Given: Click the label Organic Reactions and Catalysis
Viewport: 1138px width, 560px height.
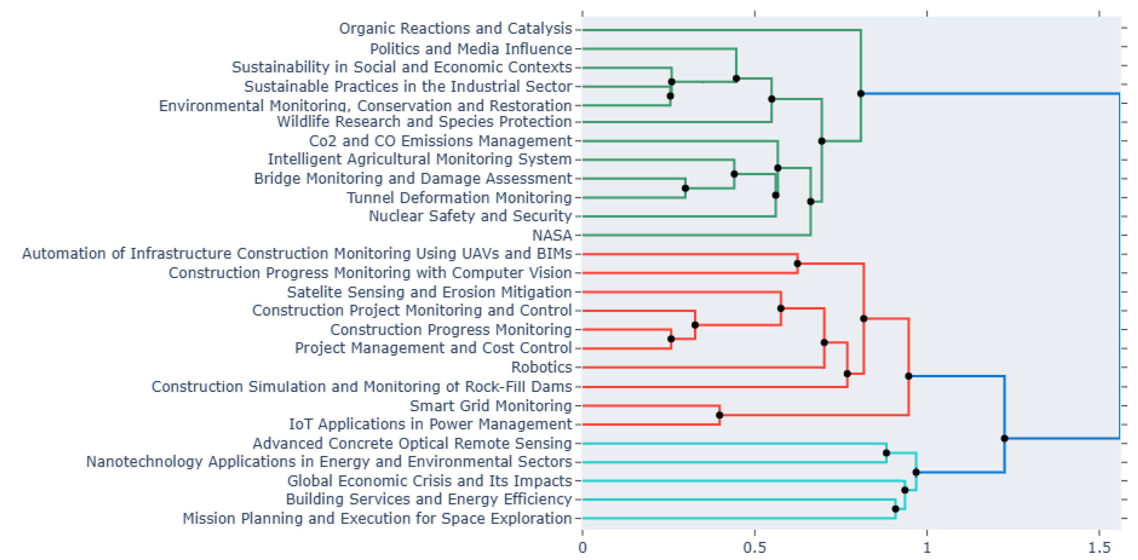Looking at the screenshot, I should point(455,29).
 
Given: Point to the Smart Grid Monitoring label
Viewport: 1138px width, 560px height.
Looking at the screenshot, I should point(490,405).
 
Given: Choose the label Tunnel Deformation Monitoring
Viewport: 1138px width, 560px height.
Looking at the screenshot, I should point(459,197).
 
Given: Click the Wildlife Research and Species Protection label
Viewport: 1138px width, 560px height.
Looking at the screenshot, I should point(424,121).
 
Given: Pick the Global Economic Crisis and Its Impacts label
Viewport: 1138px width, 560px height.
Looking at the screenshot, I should point(429,481).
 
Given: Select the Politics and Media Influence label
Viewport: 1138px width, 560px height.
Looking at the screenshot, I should point(470,49).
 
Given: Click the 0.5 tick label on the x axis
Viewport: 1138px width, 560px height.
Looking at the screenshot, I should point(754,548).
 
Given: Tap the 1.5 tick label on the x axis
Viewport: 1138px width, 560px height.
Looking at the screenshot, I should point(1099,548).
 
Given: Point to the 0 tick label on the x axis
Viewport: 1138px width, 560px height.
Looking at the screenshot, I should point(582,548).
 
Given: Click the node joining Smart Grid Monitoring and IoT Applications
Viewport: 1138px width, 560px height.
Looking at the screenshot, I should point(719,415).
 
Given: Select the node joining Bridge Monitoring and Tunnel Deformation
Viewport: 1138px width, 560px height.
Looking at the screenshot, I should point(685,188).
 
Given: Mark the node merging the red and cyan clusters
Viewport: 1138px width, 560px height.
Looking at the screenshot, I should point(1004,438).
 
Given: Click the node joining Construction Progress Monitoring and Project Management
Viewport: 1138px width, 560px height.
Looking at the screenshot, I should point(671,339).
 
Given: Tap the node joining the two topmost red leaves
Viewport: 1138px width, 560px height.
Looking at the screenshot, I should point(797,264).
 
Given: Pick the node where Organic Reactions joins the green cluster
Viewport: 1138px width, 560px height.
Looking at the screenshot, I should point(860,94).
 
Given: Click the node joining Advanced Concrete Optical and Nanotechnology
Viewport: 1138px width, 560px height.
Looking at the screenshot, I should point(886,453).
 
